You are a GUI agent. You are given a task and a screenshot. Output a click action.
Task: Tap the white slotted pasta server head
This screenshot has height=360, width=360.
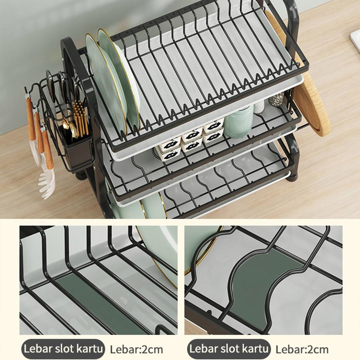click(x=47, y=183)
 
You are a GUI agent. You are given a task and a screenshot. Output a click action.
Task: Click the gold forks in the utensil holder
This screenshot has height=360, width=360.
click(x=80, y=119)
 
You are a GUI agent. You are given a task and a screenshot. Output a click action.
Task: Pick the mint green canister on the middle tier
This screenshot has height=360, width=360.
click(x=239, y=121)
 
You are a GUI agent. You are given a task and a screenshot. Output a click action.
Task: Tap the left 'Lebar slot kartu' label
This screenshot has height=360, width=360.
click(x=63, y=349)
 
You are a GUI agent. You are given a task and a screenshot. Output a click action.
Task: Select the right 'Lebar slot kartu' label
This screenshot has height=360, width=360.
click(x=229, y=349)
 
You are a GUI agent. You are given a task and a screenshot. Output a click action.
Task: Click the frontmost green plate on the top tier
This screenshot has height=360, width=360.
click(x=106, y=85)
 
